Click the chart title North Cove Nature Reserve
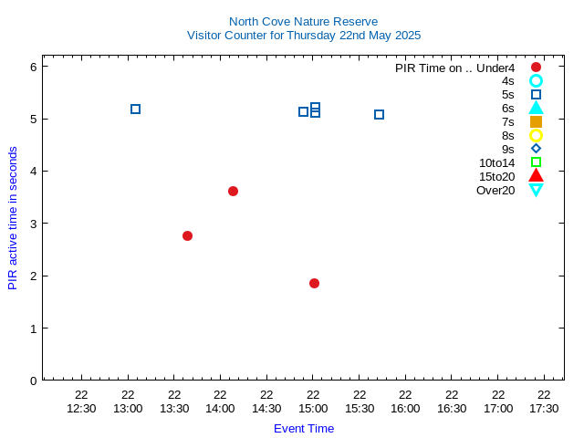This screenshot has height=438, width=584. [x=303, y=21]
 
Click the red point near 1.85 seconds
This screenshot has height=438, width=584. [x=314, y=283]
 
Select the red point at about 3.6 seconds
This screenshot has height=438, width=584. [x=233, y=191]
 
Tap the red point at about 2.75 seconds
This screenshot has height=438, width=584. [x=187, y=235]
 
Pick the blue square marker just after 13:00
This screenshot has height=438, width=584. [x=135, y=109]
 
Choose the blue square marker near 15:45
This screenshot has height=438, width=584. [x=379, y=114]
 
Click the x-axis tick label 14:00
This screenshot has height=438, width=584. [x=220, y=408]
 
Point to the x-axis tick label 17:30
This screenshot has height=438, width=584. [x=544, y=408]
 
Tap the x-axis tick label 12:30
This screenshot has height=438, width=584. [x=81, y=408]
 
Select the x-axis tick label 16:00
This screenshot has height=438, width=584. [x=405, y=408]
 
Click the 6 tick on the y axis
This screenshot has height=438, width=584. [x=33, y=67]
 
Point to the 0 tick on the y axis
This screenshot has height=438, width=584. [x=33, y=380]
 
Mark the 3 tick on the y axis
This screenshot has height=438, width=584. [x=33, y=224]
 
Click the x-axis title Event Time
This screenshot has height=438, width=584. [x=304, y=428]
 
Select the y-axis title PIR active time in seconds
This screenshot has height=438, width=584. [x=13, y=217]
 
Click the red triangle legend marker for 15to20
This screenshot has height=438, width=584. [x=536, y=175]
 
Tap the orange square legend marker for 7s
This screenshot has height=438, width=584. [x=536, y=121]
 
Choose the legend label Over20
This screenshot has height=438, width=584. [x=495, y=190]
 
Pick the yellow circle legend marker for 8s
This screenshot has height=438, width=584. [x=536, y=135]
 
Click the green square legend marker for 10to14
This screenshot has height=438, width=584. [x=536, y=162]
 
